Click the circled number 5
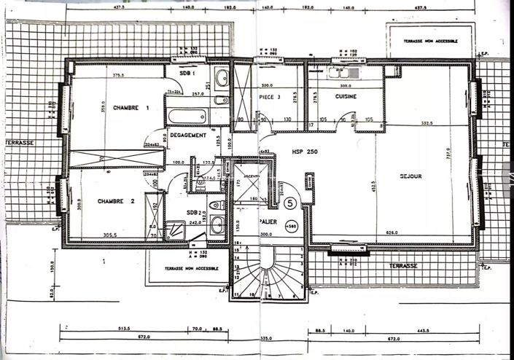click(x=290, y=203)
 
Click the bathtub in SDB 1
click(x=188, y=116)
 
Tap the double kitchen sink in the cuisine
click(x=343, y=72)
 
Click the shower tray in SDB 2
click(x=175, y=232)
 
